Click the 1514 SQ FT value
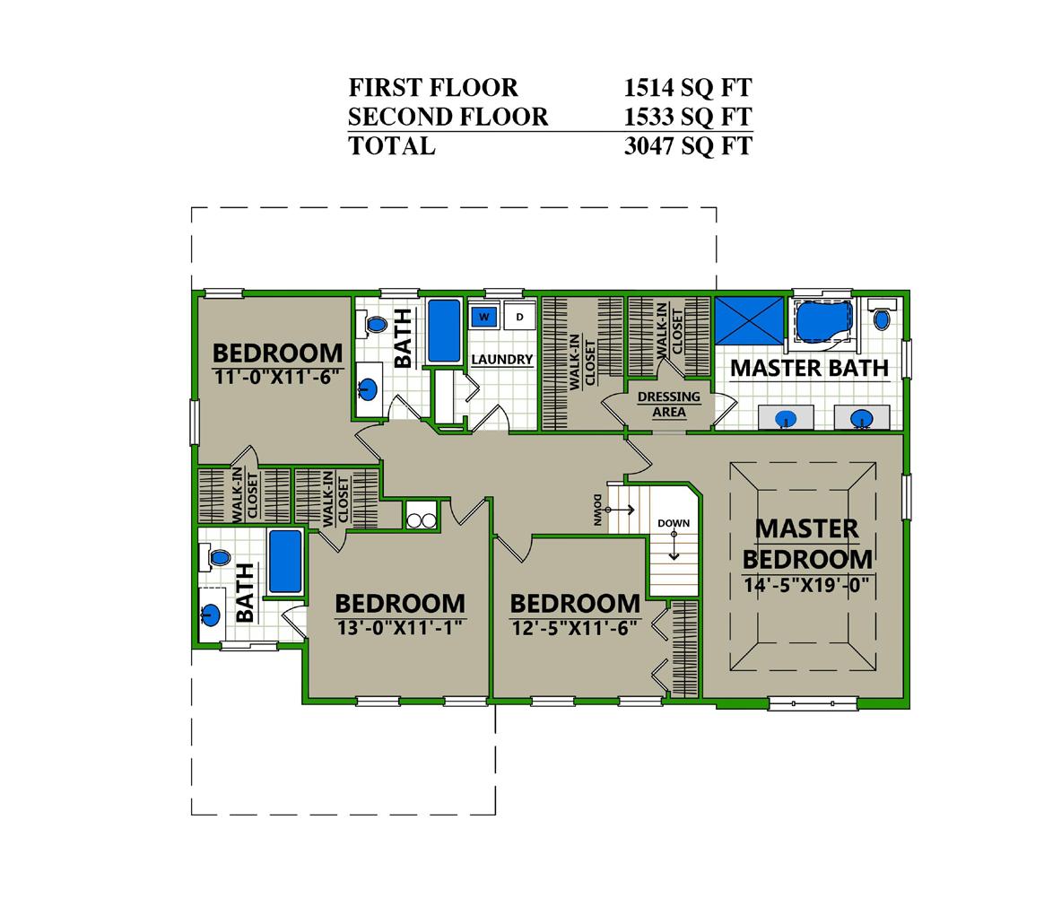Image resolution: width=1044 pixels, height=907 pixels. pyautogui.click(x=688, y=87)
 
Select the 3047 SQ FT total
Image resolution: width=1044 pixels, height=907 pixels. pyautogui.click(x=688, y=146)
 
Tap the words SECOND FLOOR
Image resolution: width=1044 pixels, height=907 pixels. pyautogui.click(x=448, y=117)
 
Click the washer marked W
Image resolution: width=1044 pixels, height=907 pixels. pyautogui.click(x=484, y=317)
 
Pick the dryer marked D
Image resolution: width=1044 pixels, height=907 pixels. pyautogui.click(x=520, y=317)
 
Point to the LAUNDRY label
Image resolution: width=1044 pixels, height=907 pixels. pyautogui.click(x=502, y=360)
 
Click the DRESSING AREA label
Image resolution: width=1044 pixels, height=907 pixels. pyautogui.click(x=668, y=405)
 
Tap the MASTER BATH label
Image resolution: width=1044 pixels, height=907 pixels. pyautogui.click(x=810, y=368)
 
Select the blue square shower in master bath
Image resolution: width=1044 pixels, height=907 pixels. pyautogui.click(x=749, y=321)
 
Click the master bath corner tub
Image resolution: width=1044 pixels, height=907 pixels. pyautogui.click(x=824, y=321)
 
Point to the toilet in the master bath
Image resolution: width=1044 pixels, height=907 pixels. pyautogui.click(x=881, y=316)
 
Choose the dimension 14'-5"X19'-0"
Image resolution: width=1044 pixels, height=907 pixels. pyautogui.click(x=806, y=585)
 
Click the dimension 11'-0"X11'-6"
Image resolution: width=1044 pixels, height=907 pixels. pyautogui.click(x=277, y=377)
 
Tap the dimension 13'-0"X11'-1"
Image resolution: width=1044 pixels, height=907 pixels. pyautogui.click(x=399, y=627)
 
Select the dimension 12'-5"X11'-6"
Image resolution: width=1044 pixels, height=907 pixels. pyautogui.click(x=575, y=627)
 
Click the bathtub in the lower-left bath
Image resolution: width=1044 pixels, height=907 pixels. pyautogui.click(x=285, y=562)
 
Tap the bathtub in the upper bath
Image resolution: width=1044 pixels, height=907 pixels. pyautogui.click(x=443, y=331)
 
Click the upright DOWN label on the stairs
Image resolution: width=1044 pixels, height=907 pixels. pyautogui.click(x=674, y=523)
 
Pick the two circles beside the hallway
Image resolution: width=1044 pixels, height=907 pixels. pyautogui.click(x=421, y=520)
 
